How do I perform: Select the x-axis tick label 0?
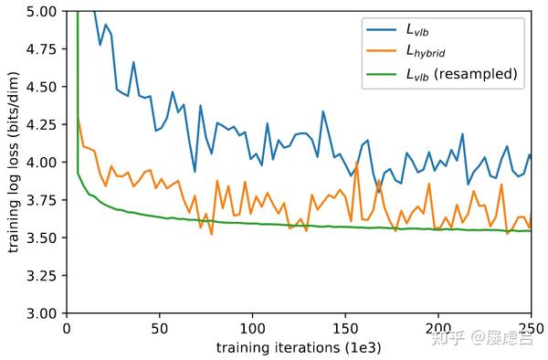(x=66, y=327)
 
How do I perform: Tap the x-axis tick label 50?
(x=159, y=327)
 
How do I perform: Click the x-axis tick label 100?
(x=252, y=327)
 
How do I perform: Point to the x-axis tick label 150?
(x=345, y=327)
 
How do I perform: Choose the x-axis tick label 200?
(x=438, y=327)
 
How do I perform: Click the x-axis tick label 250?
(x=530, y=327)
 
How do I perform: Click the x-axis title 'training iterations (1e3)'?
(x=298, y=347)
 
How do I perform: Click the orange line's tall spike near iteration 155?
(x=356, y=164)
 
